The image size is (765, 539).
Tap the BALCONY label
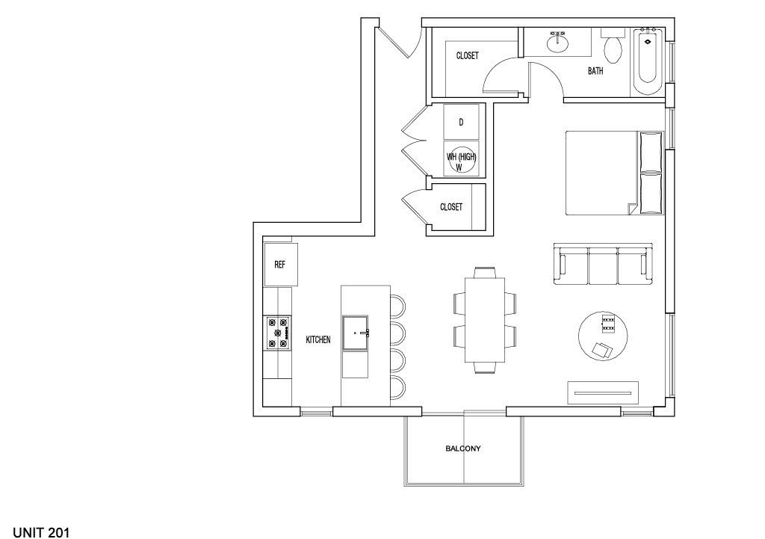click(463, 449)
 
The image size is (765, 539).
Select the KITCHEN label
click(318, 339)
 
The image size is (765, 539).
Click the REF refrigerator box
click(281, 265)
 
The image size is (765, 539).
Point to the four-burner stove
click(277, 333)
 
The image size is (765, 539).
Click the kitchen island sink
click(356, 333)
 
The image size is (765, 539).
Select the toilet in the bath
click(613, 48)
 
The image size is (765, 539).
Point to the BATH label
click(595, 72)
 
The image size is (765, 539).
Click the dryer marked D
click(461, 122)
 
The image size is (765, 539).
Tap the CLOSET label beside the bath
click(467, 56)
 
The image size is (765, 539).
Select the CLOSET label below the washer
click(450, 207)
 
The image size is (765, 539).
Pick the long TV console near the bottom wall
click(603, 390)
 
